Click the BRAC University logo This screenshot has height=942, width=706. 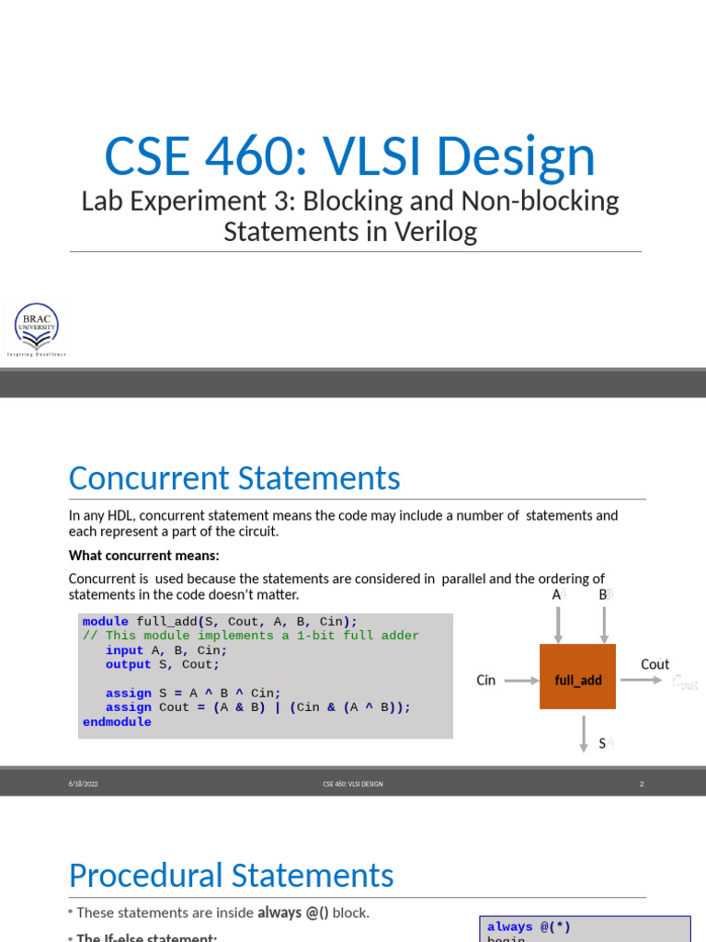[x=37, y=328]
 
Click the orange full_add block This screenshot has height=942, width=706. [x=578, y=680]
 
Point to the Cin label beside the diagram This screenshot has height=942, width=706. [x=486, y=681]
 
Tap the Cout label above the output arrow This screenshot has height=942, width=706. [x=655, y=664]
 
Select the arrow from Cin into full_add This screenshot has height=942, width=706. [x=521, y=681]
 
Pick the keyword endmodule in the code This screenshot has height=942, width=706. [x=117, y=722]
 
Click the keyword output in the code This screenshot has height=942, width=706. [x=128, y=664]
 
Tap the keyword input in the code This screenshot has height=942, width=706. [x=124, y=650]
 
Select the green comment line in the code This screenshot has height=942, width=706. [x=250, y=636]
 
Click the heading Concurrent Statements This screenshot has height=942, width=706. [x=234, y=478]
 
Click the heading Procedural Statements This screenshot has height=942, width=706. [x=231, y=875]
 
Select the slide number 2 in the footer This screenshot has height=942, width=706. [x=641, y=784]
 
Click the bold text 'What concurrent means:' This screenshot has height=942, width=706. [x=143, y=555]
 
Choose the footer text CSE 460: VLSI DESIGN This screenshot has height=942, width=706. [x=352, y=784]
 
